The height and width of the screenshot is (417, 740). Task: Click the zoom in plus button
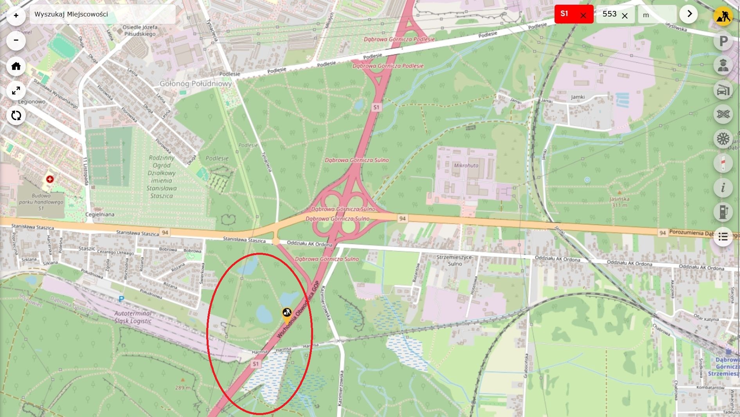16,16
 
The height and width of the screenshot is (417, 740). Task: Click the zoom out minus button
16,40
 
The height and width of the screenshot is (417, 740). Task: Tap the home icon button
16,66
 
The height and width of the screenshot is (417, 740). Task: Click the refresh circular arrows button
16,115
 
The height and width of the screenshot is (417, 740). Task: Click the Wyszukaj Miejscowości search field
103,15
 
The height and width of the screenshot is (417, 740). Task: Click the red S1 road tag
564,14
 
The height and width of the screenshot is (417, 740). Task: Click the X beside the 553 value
625,16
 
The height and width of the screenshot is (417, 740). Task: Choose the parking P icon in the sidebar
723,41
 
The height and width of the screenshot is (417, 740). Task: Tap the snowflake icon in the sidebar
723,139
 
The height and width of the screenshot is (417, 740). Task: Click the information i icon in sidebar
723,188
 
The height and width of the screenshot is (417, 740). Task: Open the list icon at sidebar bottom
723,237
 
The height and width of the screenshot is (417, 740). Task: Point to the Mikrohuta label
466,165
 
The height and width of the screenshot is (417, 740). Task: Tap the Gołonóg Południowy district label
195,83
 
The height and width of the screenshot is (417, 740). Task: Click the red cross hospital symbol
50,179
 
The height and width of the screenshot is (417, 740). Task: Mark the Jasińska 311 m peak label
619,201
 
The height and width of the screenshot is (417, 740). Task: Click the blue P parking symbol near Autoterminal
121,299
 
